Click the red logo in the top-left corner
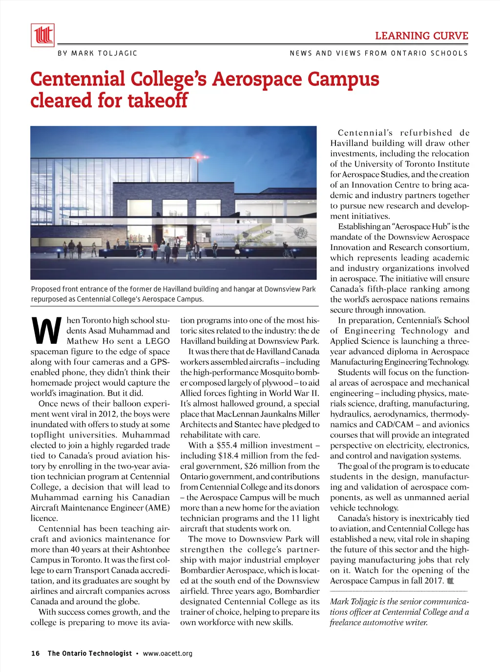click(42, 35)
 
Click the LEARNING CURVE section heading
click(421, 36)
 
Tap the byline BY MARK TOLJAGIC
click(97, 53)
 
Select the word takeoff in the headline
click(157, 101)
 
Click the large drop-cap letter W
click(47, 331)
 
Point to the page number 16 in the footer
click(35, 653)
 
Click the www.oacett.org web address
click(167, 653)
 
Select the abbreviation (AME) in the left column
click(157, 508)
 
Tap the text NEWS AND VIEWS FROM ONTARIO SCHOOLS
click(378, 53)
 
